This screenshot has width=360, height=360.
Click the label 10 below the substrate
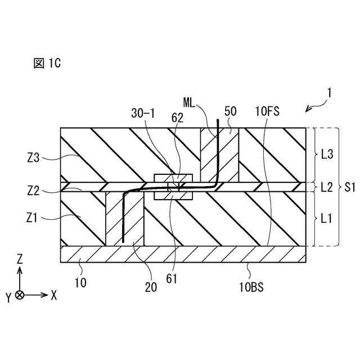(x=81, y=283)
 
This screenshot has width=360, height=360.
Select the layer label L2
(x=327, y=187)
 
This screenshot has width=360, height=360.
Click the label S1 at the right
(x=349, y=187)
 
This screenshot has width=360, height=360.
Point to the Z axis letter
(x=20, y=259)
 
